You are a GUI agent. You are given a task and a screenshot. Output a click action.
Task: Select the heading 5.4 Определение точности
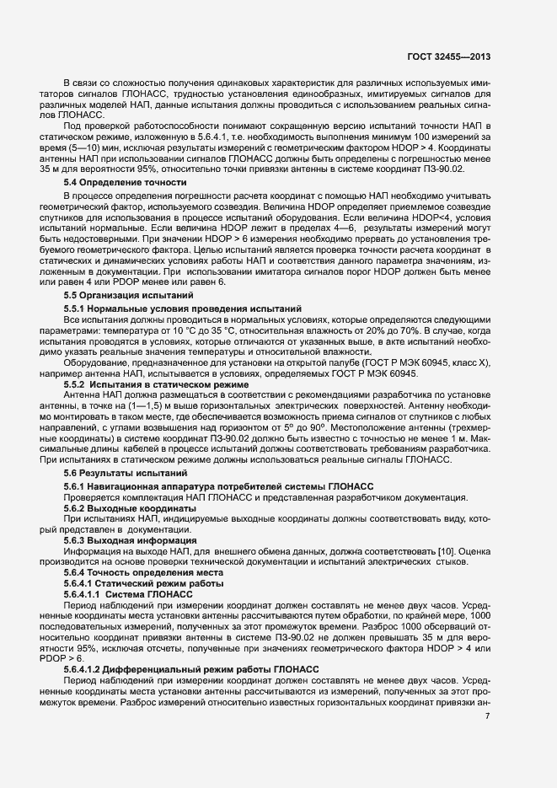[125, 183]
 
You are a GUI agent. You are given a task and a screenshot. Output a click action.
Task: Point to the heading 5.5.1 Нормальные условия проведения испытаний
[183, 309]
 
